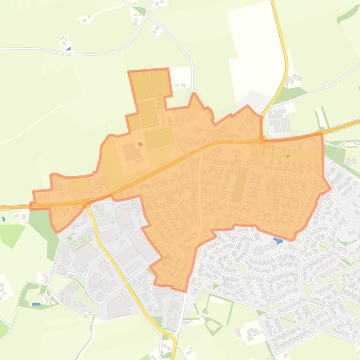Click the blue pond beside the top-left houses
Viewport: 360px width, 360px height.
pos(69,48)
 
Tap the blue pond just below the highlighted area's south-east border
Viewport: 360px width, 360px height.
pos(278,241)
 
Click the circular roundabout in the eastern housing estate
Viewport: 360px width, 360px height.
pos(323,245)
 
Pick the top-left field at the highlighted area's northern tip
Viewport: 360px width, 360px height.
pos(141,85)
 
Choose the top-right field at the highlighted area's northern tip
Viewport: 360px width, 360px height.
pos(160,82)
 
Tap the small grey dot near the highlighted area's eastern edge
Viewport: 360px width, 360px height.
pos(288,156)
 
